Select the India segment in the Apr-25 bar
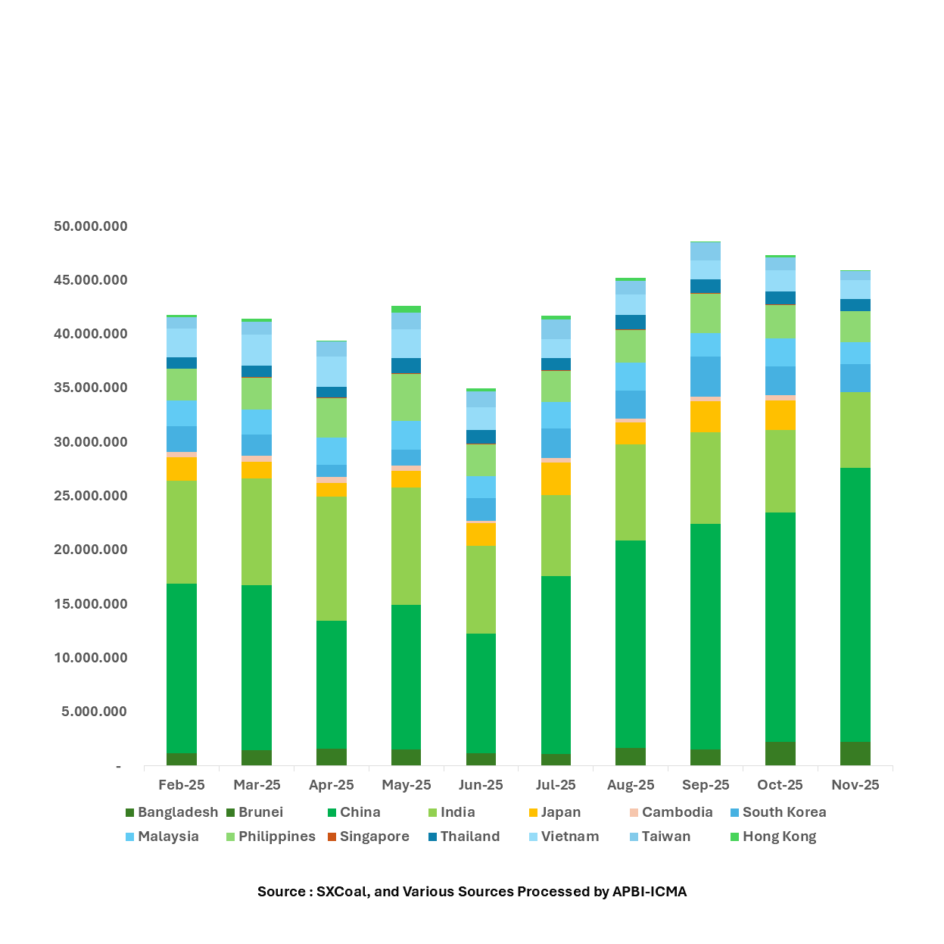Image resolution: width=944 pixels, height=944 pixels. pos(332,558)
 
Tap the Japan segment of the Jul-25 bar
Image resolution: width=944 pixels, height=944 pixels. pos(556,478)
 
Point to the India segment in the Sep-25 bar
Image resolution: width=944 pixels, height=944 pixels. pos(705,478)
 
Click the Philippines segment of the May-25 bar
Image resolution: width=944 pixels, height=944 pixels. pos(406,397)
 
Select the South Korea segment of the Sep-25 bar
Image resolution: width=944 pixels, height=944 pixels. pos(705,376)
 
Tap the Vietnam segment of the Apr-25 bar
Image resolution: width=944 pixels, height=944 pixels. pos(332,371)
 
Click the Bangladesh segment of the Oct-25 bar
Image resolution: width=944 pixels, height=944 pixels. pos(780,753)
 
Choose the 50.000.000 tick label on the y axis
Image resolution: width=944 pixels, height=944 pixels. pos(91,226)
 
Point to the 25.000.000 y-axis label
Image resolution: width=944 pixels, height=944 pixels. pos(91,496)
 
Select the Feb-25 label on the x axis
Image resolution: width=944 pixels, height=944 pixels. pos(182,785)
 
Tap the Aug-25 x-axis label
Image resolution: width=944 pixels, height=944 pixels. pos(631,785)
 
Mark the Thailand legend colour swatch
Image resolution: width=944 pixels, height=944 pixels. pos(433,837)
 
